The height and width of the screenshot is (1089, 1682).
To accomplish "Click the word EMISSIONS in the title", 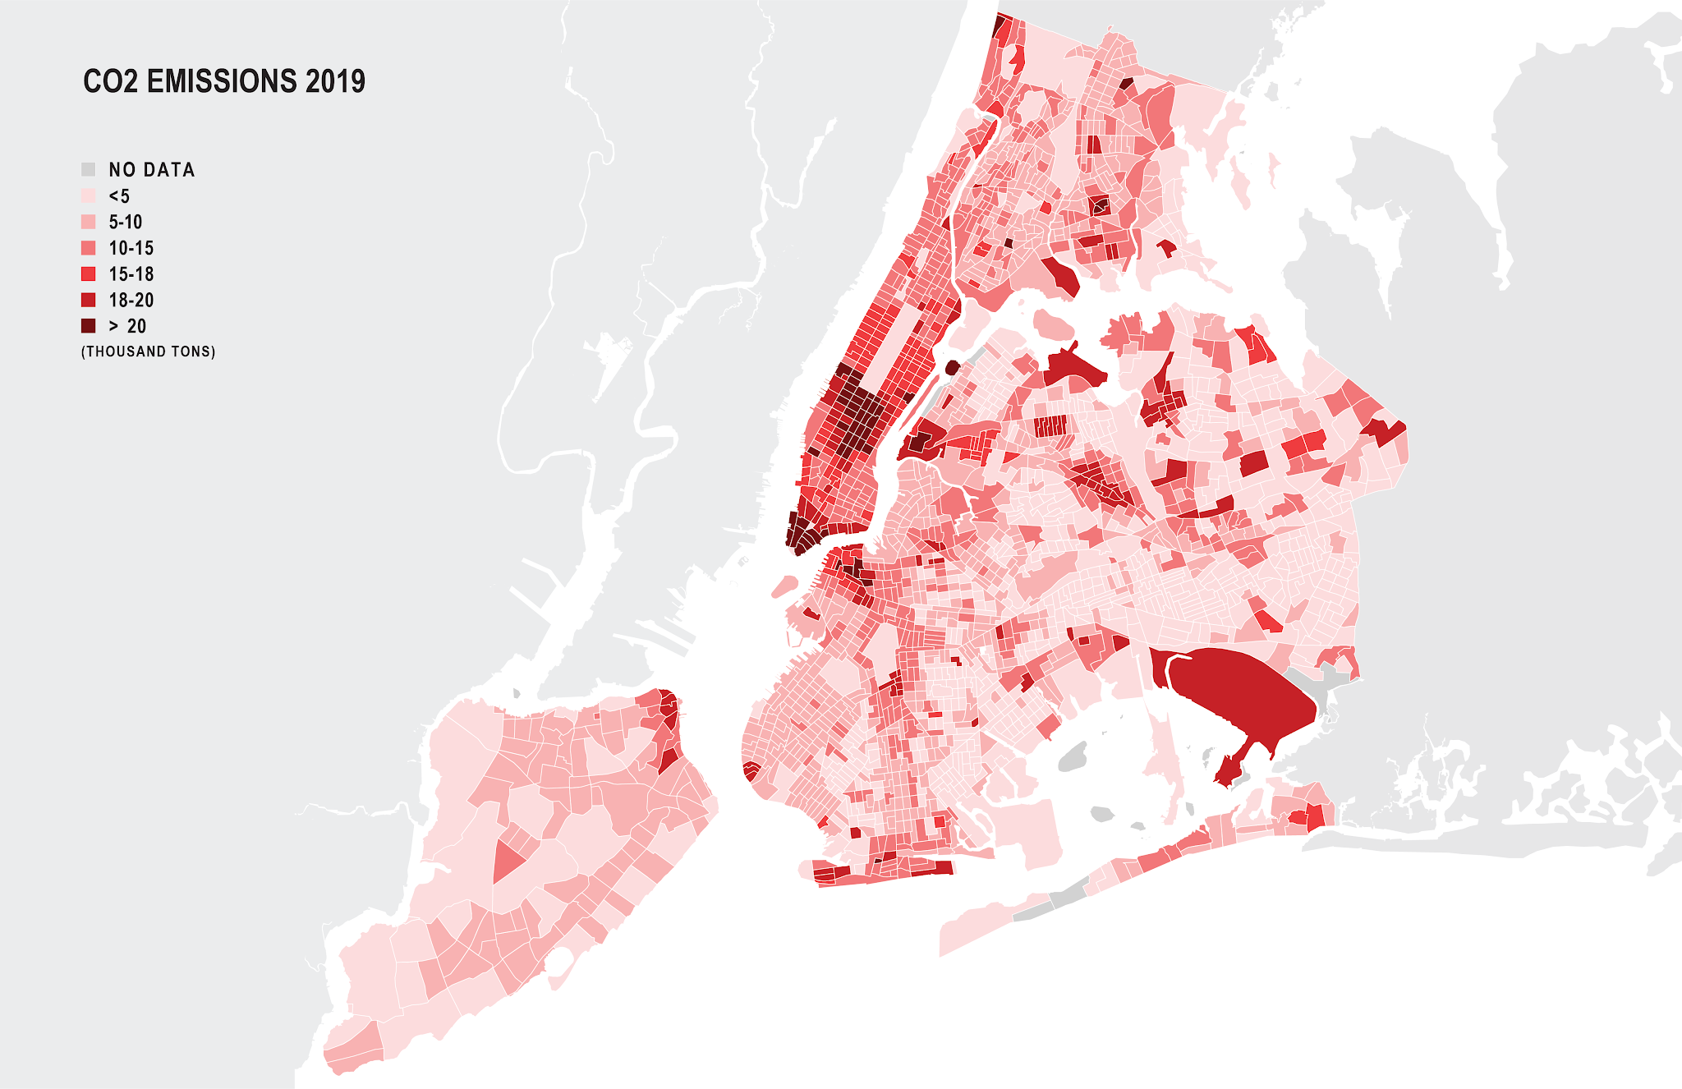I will [x=222, y=81].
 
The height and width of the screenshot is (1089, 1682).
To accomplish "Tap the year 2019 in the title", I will [x=335, y=81].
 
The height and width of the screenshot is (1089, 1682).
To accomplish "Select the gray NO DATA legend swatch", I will [x=88, y=170].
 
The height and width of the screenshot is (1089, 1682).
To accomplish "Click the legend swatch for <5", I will [x=88, y=196].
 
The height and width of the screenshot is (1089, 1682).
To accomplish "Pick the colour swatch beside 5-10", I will [x=88, y=222].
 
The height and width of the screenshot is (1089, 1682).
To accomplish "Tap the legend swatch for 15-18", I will [x=88, y=274].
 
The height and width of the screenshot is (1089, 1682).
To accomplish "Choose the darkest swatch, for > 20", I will [x=88, y=326].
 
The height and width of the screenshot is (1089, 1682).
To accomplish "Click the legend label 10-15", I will [x=131, y=248].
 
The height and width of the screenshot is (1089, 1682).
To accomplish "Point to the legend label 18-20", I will [x=131, y=301].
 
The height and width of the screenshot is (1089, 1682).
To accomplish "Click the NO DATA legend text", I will [x=152, y=170].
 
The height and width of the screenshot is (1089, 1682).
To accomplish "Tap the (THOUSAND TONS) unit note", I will [x=149, y=352].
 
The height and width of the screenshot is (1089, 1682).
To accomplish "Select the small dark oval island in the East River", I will [x=953, y=367].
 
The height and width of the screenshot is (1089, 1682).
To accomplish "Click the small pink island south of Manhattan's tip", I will [x=784, y=586].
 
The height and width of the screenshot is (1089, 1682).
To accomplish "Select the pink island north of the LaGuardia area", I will [x=1054, y=325].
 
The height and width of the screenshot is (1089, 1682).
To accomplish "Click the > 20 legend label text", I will [x=128, y=326].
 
